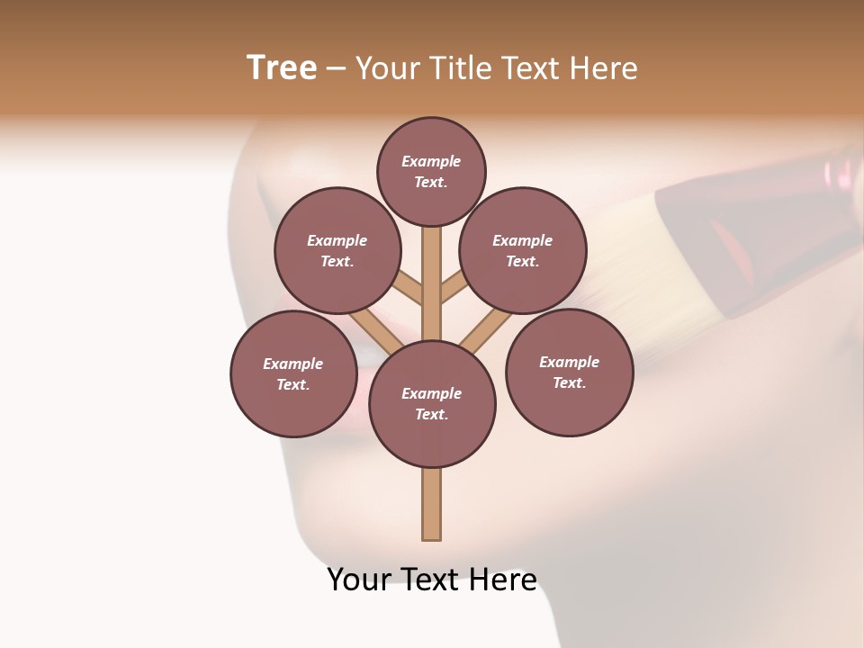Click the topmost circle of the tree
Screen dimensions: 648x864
[x=431, y=171]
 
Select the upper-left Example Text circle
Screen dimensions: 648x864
[x=337, y=250]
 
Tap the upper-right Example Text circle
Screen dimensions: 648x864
[x=523, y=250]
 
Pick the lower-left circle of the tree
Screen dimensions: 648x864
[x=293, y=373]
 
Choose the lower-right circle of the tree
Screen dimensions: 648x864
[x=569, y=372]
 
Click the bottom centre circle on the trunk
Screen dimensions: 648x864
[x=432, y=403]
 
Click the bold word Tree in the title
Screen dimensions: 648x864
[x=282, y=67]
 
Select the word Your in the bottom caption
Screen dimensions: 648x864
[x=358, y=580]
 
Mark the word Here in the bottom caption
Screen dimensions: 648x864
[x=503, y=580]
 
